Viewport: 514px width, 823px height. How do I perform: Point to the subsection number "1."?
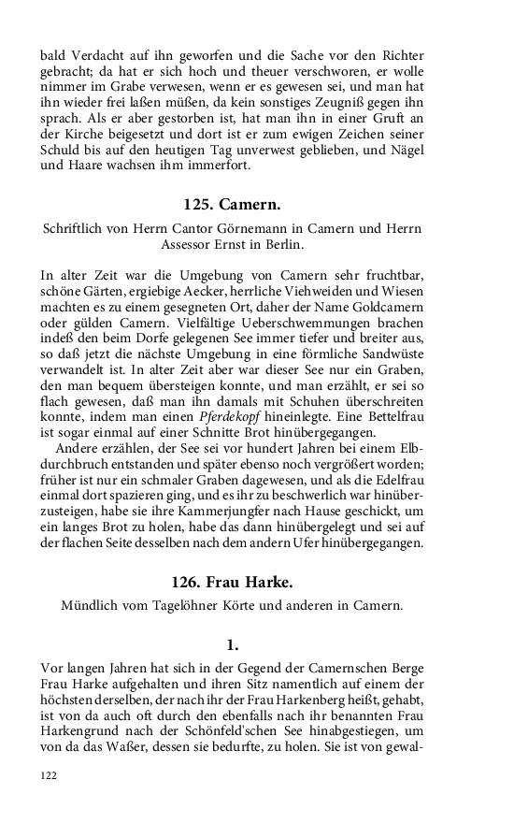233,644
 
